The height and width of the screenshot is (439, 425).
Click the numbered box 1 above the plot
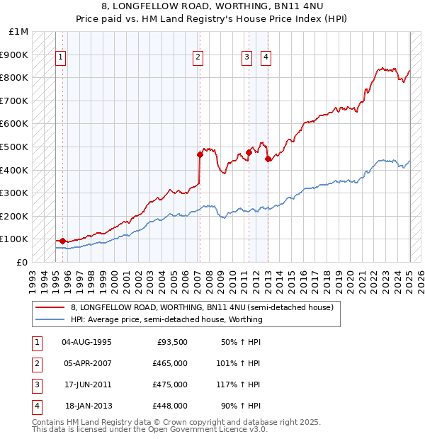coord(61,58)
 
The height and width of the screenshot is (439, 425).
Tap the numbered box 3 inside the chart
coord(246,58)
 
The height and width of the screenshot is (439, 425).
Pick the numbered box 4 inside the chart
coord(266,58)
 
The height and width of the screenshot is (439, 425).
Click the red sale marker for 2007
coord(200,154)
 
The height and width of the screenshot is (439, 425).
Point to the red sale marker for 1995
coord(62,241)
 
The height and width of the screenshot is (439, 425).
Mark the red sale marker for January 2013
coord(268,159)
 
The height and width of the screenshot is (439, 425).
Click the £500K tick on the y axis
coord(13,147)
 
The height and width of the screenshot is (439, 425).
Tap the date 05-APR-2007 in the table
coord(87,363)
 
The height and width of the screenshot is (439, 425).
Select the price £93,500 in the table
coord(172,342)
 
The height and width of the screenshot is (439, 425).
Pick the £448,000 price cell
coord(170,406)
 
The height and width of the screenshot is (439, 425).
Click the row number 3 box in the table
coord(35,384)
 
